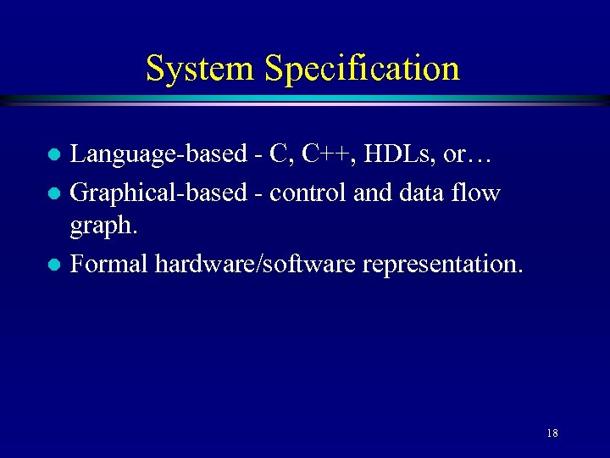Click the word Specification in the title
[x=361, y=70]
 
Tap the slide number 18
[x=552, y=433]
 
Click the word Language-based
[x=159, y=154]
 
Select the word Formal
[x=108, y=264]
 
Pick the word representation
[x=442, y=265]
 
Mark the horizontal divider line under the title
[x=305, y=100]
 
